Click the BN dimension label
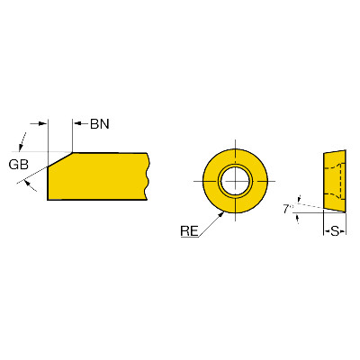click(100, 124)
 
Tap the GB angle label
click(19, 165)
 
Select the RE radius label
click(189, 231)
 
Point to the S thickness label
click(335, 231)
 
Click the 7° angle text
click(288, 209)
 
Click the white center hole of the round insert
click(235, 181)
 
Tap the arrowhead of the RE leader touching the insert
click(221, 214)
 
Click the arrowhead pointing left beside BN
click(76, 123)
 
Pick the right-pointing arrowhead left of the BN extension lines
click(44, 123)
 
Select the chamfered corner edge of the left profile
click(60, 159)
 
